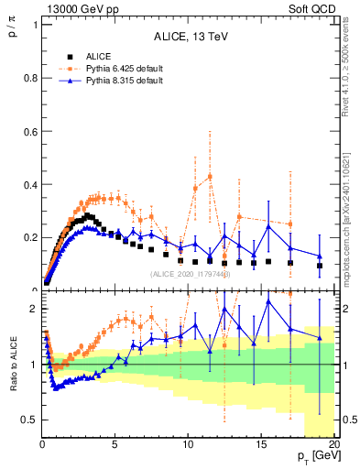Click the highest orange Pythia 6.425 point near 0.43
[x=210, y=177]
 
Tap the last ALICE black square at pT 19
[x=320, y=266]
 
